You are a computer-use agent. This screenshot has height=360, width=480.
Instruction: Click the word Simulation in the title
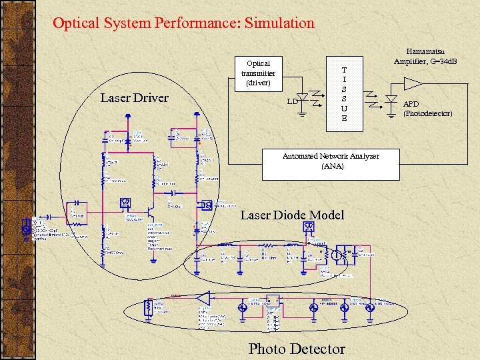click(x=279, y=23)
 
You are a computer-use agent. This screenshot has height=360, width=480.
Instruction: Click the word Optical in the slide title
click(x=75, y=23)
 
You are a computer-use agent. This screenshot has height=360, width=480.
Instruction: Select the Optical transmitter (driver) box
click(x=257, y=74)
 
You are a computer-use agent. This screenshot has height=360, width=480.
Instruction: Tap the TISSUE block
click(x=344, y=93)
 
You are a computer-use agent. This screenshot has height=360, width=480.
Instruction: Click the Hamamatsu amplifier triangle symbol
click(x=412, y=83)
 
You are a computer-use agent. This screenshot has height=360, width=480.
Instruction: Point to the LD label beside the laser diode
click(x=291, y=101)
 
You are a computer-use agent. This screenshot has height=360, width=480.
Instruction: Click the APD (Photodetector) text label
click(x=427, y=109)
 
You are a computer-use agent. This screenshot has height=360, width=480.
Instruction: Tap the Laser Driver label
click(x=134, y=98)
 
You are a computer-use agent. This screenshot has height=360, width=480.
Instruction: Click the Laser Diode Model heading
click(x=292, y=215)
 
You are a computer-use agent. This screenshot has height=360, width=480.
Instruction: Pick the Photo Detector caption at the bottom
click(x=297, y=349)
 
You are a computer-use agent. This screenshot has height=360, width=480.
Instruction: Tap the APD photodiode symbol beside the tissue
click(x=391, y=99)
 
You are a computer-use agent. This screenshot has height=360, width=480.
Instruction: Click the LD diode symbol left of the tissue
click(x=303, y=99)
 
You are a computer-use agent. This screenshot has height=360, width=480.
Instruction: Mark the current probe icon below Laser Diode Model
click(x=308, y=227)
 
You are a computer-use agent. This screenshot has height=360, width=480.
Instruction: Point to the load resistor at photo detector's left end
click(x=148, y=307)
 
